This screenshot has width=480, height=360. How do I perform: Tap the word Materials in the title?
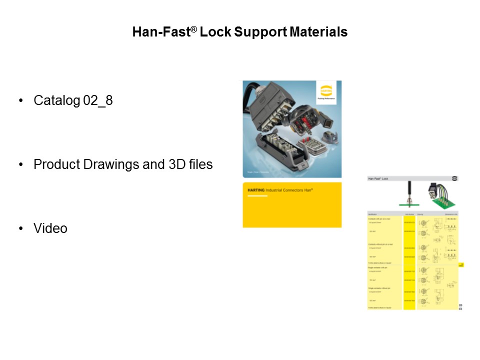coord(317,32)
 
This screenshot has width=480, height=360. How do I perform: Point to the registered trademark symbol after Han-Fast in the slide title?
coord(194,29)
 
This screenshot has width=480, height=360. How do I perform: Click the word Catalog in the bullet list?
coord(56,100)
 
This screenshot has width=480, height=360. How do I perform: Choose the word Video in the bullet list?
coord(50,228)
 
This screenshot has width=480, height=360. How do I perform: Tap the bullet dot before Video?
coord(21,228)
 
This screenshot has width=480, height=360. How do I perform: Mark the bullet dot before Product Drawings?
coord(21,164)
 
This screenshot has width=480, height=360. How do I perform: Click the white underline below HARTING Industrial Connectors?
coord(258,196)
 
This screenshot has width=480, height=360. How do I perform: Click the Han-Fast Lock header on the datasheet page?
coord(378,178)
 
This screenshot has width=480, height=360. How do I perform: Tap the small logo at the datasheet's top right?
coord(454,178)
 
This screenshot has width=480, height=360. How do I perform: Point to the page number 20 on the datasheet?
coord(460,304)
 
